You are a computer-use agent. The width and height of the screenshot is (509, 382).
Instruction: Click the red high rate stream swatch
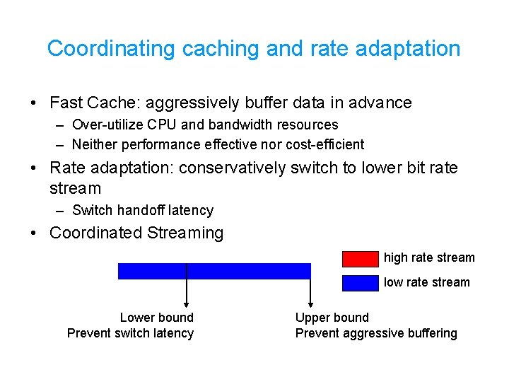click(361, 258)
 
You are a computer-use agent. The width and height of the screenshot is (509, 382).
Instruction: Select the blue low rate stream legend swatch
click(361, 283)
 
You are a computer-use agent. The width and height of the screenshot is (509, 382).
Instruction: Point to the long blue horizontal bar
click(214, 271)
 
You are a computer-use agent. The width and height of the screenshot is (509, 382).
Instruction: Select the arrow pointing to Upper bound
click(310, 290)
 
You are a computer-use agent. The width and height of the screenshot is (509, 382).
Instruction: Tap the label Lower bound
click(156, 318)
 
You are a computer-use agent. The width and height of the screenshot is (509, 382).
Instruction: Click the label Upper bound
click(332, 318)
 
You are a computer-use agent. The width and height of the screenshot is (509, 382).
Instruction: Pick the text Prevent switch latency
click(130, 333)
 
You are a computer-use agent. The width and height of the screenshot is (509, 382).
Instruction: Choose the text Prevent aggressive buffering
click(375, 333)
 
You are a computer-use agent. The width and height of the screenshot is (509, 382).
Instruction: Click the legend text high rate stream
click(429, 257)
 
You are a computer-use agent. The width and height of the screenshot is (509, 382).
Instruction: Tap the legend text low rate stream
click(426, 282)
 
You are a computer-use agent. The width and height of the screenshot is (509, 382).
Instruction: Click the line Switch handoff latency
click(142, 210)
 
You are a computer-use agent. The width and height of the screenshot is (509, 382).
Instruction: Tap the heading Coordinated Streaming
click(136, 233)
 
